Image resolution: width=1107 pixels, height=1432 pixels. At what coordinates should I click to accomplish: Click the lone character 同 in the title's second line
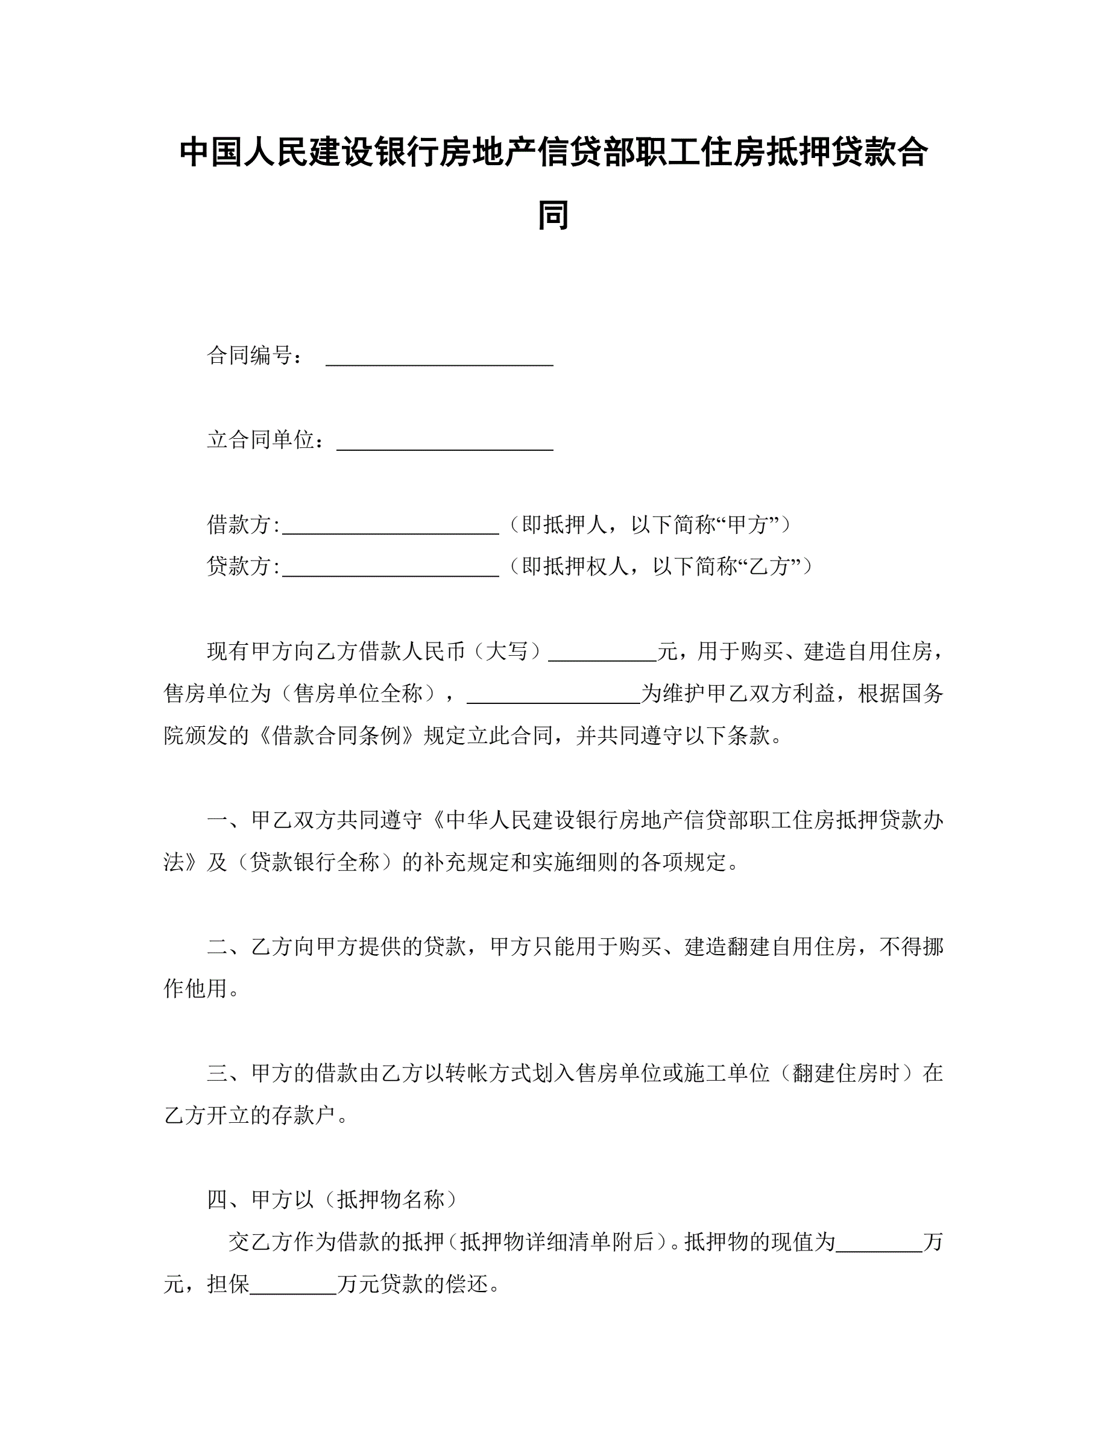(x=553, y=215)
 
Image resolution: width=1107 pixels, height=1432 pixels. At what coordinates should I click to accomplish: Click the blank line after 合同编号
(x=440, y=358)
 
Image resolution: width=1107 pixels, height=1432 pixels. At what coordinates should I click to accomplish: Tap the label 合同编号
(x=250, y=356)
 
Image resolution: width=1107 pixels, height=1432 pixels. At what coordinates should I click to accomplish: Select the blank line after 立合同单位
(x=444, y=442)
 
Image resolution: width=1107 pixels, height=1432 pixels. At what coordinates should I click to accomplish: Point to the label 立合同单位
(x=261, y=439)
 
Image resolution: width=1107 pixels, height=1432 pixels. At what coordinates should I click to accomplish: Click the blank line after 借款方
(x=390, y=527)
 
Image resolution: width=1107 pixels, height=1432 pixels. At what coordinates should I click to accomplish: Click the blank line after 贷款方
(x=390, y=568)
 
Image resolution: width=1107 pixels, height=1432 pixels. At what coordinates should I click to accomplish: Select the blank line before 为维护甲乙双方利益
(x=553, y=696)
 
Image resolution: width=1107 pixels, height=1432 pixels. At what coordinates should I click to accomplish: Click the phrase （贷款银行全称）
(x=315, y=862)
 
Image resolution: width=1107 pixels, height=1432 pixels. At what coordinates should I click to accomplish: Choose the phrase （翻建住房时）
(x=845, y=1073)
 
